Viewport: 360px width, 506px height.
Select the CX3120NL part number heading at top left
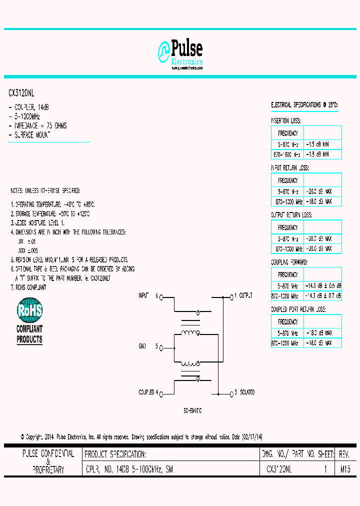(21, 93)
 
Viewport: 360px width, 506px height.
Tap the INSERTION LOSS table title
(285, 121)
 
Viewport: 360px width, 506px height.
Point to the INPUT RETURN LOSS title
(289, 168)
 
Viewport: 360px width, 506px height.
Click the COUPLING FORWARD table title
(289, 262)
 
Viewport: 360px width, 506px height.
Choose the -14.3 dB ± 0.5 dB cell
(322, 285)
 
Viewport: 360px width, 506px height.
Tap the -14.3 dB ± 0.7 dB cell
(322, 296)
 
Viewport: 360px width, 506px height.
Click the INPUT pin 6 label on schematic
(148, 296)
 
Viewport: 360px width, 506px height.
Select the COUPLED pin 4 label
(148, 392)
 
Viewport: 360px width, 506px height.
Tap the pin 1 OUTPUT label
(243, 296)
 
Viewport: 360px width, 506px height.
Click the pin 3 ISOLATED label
(243, 392)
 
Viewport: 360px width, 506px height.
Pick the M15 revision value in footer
(345, 469)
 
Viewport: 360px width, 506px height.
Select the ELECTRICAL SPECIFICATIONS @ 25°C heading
(304, 105)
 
